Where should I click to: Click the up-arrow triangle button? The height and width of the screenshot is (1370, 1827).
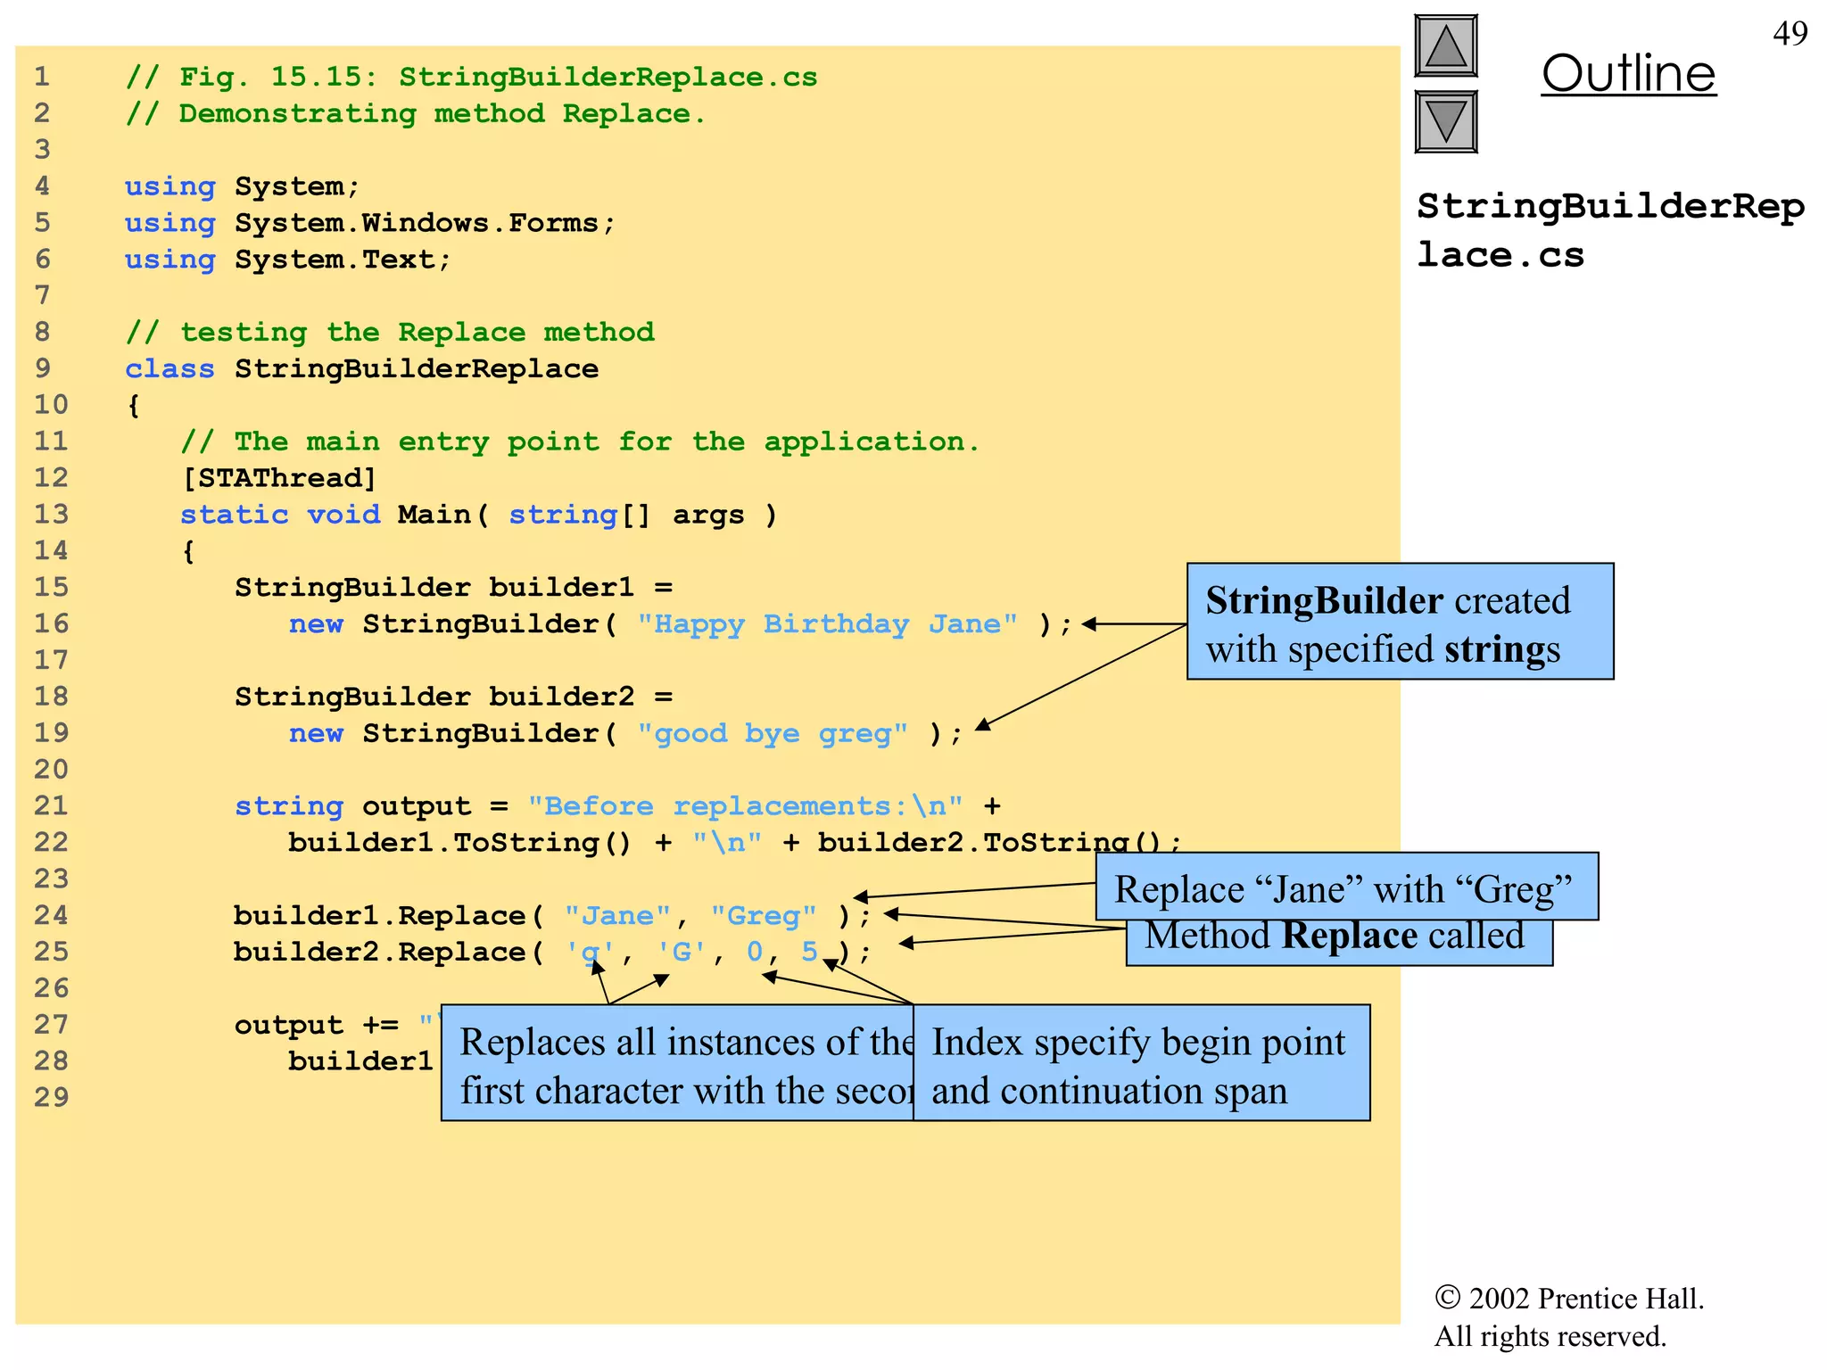tap(1446, 45)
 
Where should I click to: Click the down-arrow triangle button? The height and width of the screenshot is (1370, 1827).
tap(1446, 121)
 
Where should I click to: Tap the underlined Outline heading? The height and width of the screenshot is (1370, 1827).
tap(1628, 73)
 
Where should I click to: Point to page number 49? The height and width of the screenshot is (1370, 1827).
tap(1790, 34)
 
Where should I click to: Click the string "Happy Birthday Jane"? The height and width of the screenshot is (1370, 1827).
tap(827, 624)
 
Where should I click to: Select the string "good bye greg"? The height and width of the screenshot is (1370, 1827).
tap(773, 734)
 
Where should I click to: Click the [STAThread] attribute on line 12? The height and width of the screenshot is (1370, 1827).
tap(279, 478)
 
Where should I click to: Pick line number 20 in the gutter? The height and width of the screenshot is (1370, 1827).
tap(51, 770)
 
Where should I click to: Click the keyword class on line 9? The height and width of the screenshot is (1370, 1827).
tap(169, 369)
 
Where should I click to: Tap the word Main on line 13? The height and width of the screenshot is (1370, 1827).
tap(434, 515)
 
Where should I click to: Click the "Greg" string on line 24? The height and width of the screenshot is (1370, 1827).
tap(764, 916)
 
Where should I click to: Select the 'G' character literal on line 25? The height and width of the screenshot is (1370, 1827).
tap(682, 953)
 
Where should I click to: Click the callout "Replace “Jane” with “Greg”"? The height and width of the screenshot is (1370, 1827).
tap(1344, 889)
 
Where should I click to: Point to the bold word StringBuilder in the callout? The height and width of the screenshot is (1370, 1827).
tap(1324, 601)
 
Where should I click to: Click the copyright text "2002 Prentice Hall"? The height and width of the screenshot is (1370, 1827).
tap(1583, 1299)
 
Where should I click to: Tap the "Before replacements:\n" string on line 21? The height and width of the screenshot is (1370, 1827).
tap(746, 806)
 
